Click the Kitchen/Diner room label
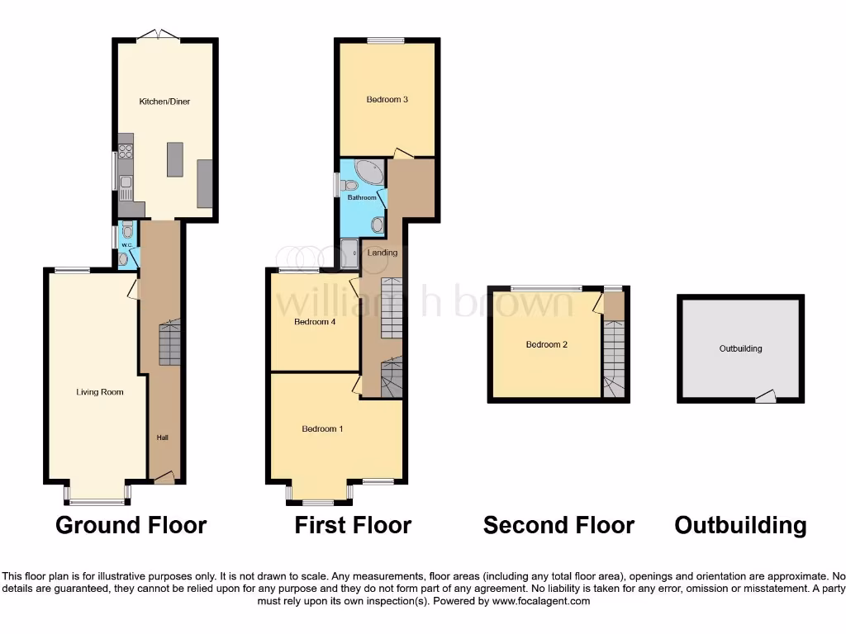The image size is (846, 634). tap(164, 102)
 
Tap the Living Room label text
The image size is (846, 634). tap(99, 392)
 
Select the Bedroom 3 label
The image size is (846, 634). tap(387, 100)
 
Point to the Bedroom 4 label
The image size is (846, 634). tap(314, 323)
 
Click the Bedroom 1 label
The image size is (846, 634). tap(322, 428)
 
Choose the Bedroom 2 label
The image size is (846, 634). tap(546, 345)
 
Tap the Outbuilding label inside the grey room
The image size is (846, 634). tap(740, 348)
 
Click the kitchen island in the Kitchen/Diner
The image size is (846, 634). tap(174, 159)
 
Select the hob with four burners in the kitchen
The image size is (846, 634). tap(126, 151)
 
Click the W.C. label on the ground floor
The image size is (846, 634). tap(126, 245)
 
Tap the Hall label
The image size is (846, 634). tap(162, 438)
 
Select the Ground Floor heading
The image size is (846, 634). tap(131, 525)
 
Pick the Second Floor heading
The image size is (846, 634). tap(558, 525)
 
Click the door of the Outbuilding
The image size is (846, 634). tap(766, 397)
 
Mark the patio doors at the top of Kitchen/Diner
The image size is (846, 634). tap(157, 35)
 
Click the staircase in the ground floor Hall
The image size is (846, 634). tap(169, 343)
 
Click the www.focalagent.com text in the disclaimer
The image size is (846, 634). tap(542, 601)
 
